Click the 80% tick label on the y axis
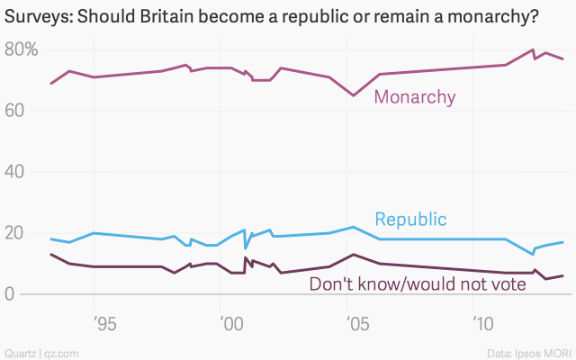coord(20,50)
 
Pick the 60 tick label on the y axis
coord(14,111)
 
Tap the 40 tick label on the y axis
coord(14,172)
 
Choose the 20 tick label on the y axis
coord(14,233)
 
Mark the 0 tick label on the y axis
coord(10,294)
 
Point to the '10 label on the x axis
coord(482,322)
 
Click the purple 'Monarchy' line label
coord(415,97)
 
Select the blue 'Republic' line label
coord(410,220)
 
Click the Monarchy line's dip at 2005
coord(354,95)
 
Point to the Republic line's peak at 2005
coord(354,227)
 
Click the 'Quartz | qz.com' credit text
coord(39,350)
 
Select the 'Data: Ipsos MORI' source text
coord(531,350)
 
